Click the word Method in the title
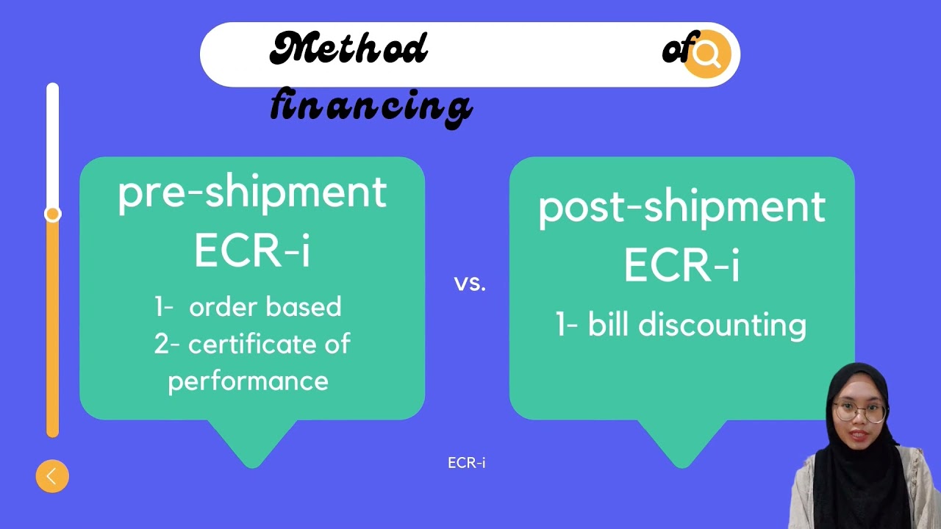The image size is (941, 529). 348,50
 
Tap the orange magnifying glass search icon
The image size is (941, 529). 707,54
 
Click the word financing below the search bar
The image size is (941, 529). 371,105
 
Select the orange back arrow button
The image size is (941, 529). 52,476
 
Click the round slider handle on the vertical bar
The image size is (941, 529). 52,214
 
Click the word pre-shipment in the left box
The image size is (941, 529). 252,192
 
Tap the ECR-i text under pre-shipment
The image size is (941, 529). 252,251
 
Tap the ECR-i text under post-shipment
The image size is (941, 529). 681,265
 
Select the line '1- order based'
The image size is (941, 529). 248,307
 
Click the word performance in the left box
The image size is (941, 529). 248,381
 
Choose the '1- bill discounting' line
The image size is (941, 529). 681,325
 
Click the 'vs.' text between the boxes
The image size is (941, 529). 470,283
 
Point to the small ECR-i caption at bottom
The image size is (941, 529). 467,463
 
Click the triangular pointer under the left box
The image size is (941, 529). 252,441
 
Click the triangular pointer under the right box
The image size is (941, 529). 681,441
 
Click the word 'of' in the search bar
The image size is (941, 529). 675,50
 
